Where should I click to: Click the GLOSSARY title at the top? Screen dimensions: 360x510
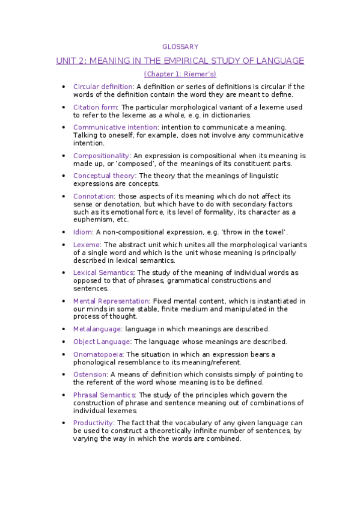coord(180,46)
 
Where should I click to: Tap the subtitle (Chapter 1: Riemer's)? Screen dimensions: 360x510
coord(180,74)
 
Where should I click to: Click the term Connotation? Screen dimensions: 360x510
coord(94,196)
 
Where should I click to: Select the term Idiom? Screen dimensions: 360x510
coord(82,232)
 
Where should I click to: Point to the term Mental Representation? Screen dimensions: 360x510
coord(111,301)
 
